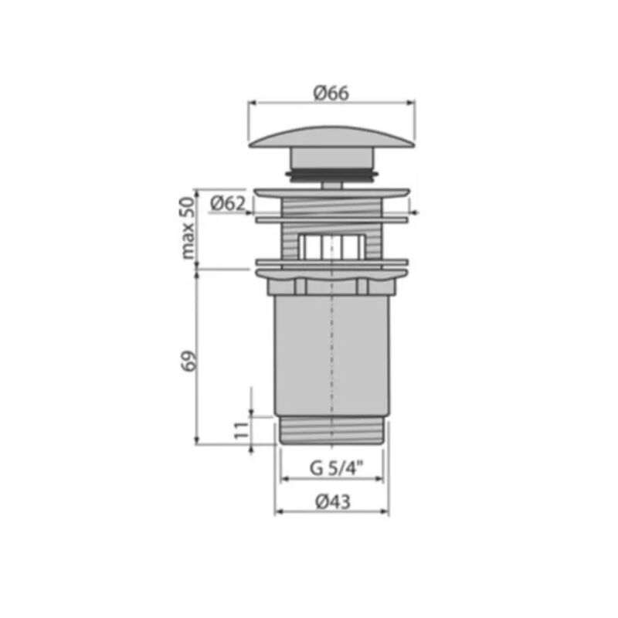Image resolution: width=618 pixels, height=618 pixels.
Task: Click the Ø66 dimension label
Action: (331, 93)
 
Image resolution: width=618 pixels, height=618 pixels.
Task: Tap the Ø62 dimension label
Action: (228, 203)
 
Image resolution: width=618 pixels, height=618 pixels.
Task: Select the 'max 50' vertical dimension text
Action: (188, 228)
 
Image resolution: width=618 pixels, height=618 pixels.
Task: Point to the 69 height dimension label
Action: (188, 360)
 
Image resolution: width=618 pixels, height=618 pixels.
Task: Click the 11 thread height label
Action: (242, 430)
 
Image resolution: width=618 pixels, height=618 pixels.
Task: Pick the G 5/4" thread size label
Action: (336, 468)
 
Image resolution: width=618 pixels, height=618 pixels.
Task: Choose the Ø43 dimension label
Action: (333, 501)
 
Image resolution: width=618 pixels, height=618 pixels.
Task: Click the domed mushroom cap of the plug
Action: (331, 138)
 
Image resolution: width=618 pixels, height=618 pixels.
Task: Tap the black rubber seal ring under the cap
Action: (331, 175)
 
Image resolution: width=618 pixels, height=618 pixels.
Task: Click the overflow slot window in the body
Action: (331, 246)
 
